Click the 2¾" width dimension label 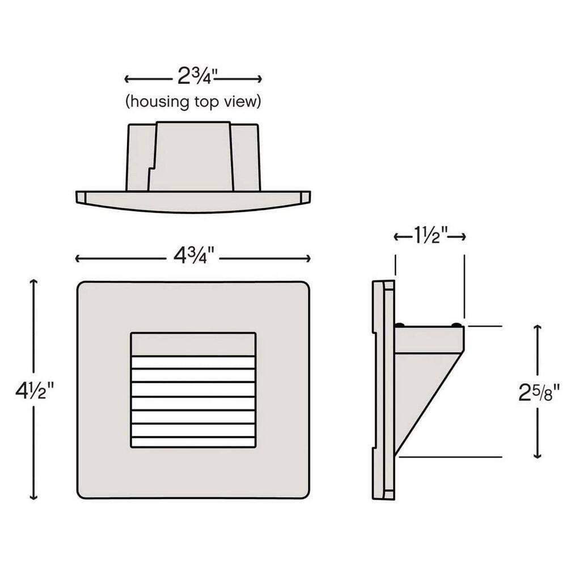point(193,77)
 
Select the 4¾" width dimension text point(193,258)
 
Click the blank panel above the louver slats point(193,344)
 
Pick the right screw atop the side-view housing point(457,324)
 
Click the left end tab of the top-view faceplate point(80,197)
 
